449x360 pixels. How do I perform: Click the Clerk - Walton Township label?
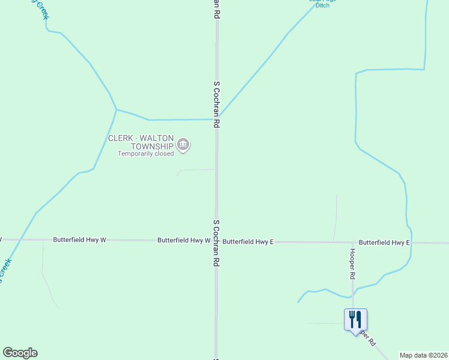pos(140,142)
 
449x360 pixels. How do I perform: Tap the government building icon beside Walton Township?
pos(184,144)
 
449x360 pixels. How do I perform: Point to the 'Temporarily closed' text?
pos(146,154)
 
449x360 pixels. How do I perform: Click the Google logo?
pos(20,353)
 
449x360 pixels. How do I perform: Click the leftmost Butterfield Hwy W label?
pos(79,239)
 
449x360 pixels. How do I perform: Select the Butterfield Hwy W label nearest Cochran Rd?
pos(184,240)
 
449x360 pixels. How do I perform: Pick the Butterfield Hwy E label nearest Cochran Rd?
pos(248,242)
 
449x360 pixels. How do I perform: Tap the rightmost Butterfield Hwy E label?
pos(384,242)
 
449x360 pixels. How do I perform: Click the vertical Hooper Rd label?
pos(352,264)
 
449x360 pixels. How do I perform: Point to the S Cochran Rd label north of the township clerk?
pos(216,104)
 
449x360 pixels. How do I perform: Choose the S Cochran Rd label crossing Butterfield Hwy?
pos(216,242)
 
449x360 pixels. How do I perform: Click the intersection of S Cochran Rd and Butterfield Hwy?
pos(216,241)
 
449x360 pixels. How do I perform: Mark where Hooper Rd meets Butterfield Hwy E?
pos(352,242)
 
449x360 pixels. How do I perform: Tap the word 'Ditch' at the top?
pos(322,5)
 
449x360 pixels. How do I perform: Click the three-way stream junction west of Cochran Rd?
pos(116,110)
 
